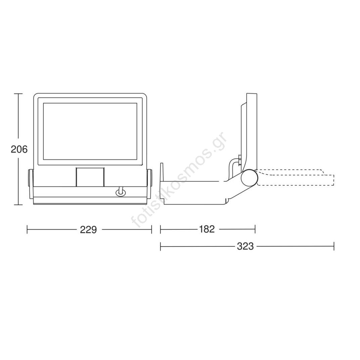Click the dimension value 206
click(x=19, y=149)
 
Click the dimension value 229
click(x=88, y=230)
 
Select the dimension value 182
click(x=207, y=229)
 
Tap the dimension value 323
click(x=245, y=246)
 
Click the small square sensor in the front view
click(x=90, y=177)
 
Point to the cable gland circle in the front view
click(x=120, y=193)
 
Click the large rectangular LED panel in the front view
click(x=90, y=131)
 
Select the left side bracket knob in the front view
click(x=31, y=184)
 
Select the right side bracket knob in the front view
click(x=149, y=184)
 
